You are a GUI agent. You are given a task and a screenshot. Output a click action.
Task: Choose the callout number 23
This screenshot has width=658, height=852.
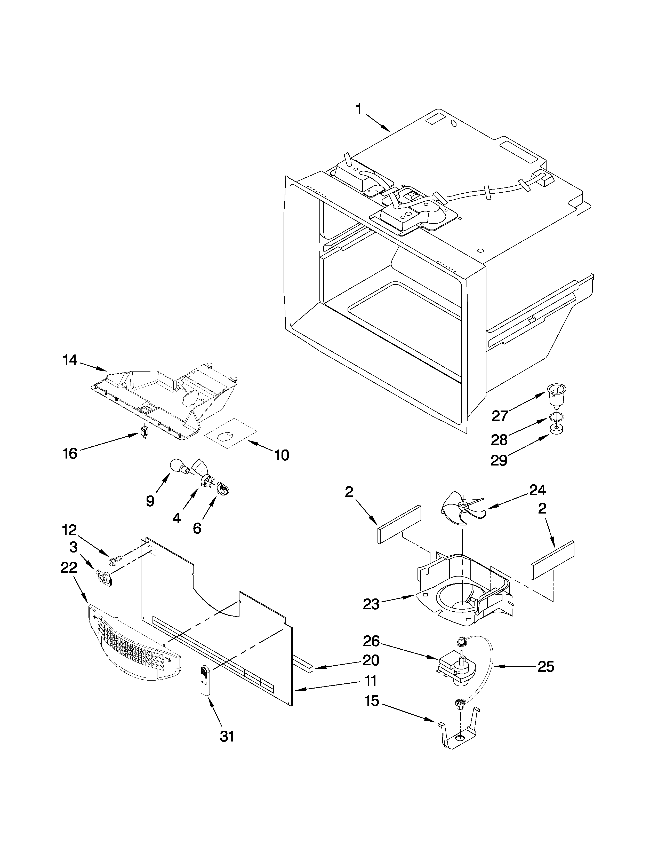tap(371, 604)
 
